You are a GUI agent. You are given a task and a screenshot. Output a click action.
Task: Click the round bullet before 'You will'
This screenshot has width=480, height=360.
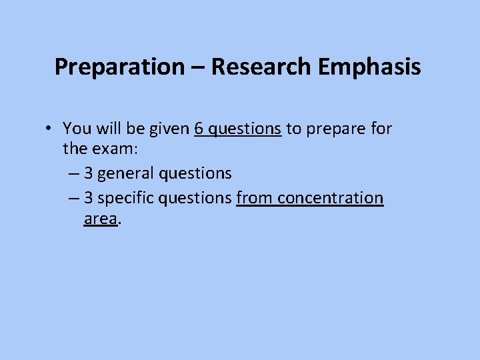(x=51, y=128)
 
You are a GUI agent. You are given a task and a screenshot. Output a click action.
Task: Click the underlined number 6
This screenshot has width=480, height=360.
(x=199, y=127)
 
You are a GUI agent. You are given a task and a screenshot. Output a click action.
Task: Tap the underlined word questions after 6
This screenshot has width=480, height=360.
(x=245, y=129)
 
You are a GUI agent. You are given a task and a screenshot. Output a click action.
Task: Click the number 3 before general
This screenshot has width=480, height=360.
(x=89, y=173)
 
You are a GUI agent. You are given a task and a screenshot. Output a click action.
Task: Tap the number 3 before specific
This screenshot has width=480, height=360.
(x=89, y=198)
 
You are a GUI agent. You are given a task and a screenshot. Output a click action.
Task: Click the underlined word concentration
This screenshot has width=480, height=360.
(x=331, y=198)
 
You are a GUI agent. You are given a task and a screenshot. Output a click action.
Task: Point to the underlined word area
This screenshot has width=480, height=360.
(x=101, y=218)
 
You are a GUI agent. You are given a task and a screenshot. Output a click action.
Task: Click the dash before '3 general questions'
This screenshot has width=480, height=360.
(x=73, y=174)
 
